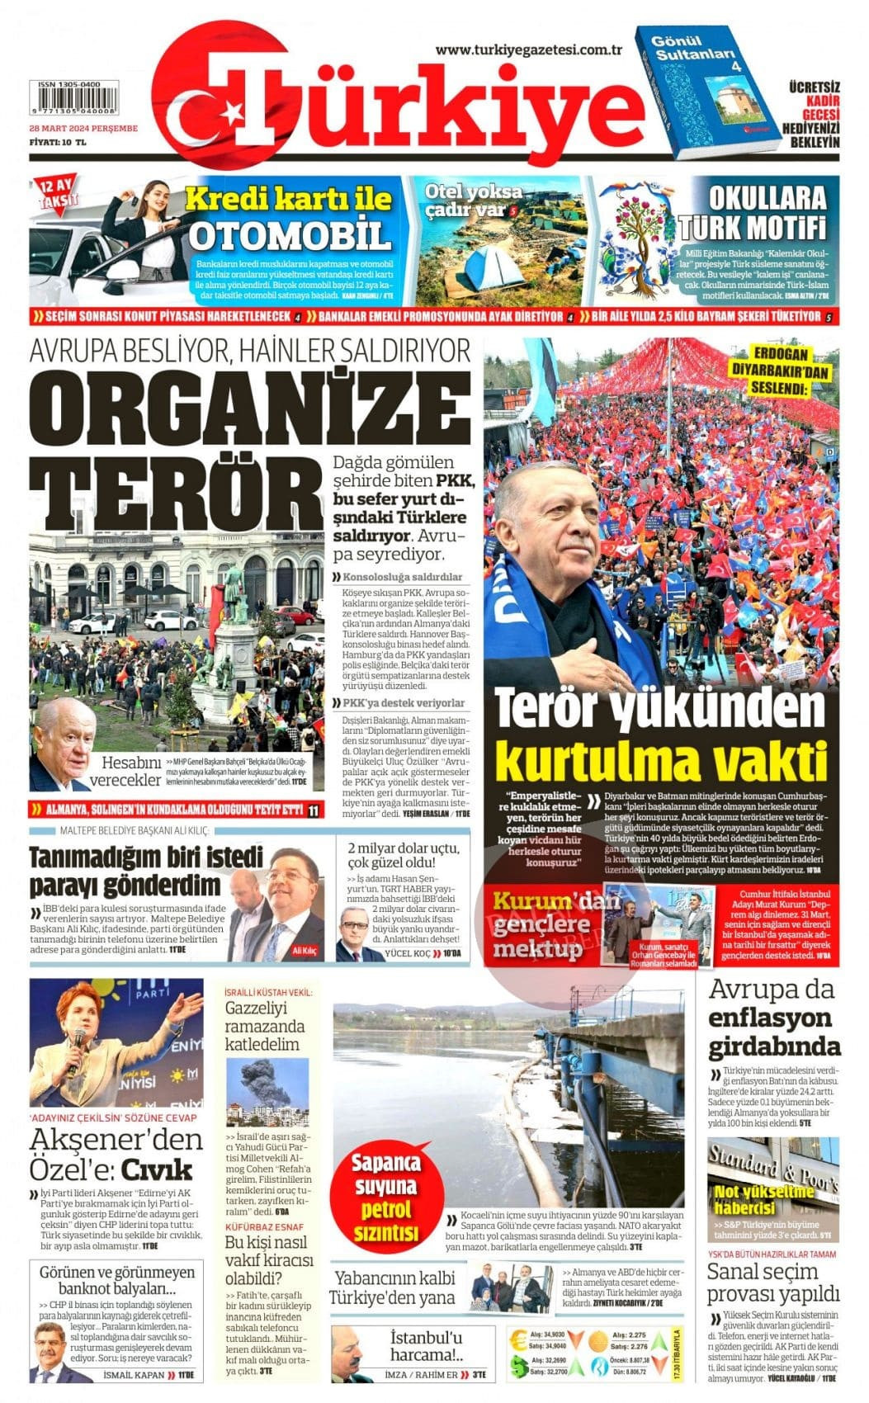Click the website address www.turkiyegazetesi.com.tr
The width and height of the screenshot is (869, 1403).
coord(528,50)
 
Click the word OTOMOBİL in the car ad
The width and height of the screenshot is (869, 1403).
coord(289,235)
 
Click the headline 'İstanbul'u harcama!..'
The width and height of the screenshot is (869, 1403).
coord(427,1345)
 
